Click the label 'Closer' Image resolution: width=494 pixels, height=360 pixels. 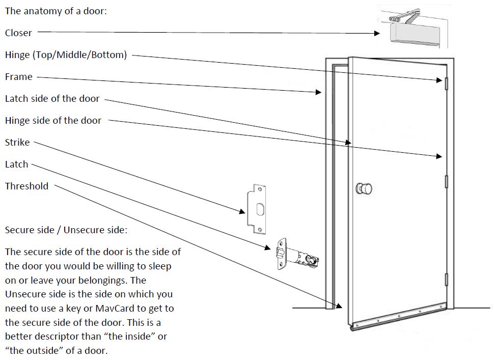[x=18, y=33]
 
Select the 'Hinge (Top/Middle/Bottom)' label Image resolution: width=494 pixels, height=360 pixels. [x=66, y=55]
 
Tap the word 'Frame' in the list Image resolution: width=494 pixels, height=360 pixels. [x=18, y=77]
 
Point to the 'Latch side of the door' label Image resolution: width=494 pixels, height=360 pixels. [x=52, y=99]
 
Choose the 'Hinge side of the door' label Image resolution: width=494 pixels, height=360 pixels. [x=53, y=121]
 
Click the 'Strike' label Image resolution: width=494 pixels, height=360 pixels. [x=17, y=143]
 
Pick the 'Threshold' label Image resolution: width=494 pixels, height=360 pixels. [x=26, y=186]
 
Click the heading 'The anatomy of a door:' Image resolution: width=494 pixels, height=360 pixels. [x=56, y=11]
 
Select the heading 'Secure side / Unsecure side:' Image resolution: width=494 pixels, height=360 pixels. [x=66, y=230]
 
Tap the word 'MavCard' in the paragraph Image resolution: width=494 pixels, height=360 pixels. [x=106, y=309]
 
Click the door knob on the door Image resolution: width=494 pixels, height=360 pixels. [x=364, y=188]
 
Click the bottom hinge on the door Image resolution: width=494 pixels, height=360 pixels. [x=446, y=280]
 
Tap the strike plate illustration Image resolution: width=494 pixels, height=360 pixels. [x=257, y=209]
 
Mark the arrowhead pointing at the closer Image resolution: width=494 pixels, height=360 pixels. [x=377, y=34]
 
